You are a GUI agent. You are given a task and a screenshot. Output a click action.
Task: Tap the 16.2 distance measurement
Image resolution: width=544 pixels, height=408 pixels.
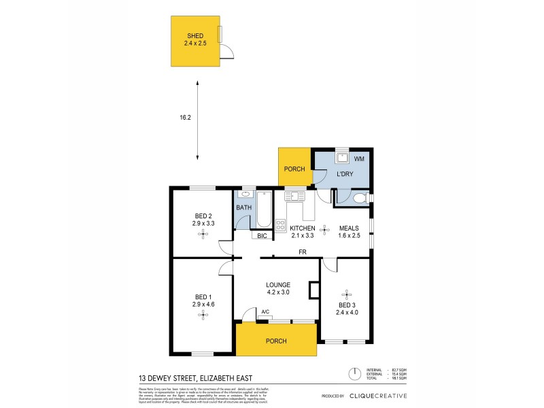tap(186, 118)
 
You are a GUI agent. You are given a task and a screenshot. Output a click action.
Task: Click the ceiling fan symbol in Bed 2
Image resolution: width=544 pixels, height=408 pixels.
tap(202, 234)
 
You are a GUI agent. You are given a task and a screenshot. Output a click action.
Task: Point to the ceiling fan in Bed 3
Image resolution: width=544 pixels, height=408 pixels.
tap(346, 294)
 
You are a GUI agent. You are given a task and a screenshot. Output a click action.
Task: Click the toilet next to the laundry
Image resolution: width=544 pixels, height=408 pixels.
tap(360, 199)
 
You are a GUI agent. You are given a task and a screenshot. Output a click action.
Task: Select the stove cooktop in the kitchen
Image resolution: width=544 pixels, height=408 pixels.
tap(280, 223)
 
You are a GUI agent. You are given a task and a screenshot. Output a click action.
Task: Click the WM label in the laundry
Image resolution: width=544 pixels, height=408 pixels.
tap(360, 158)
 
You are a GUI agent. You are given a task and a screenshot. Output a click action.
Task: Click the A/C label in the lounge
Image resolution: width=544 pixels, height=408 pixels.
tap(265, 311)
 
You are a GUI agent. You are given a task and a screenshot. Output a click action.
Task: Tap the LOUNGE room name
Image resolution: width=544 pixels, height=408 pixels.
tap(279, 285)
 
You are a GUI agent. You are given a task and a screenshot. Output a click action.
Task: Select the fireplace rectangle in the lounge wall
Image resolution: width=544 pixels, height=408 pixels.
tap(313, 290)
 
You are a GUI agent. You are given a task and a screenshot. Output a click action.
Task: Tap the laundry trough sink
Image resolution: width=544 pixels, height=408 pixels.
tap(342, 158)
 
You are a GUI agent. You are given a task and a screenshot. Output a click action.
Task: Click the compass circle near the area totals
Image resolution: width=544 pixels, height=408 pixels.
tap(354, 373)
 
